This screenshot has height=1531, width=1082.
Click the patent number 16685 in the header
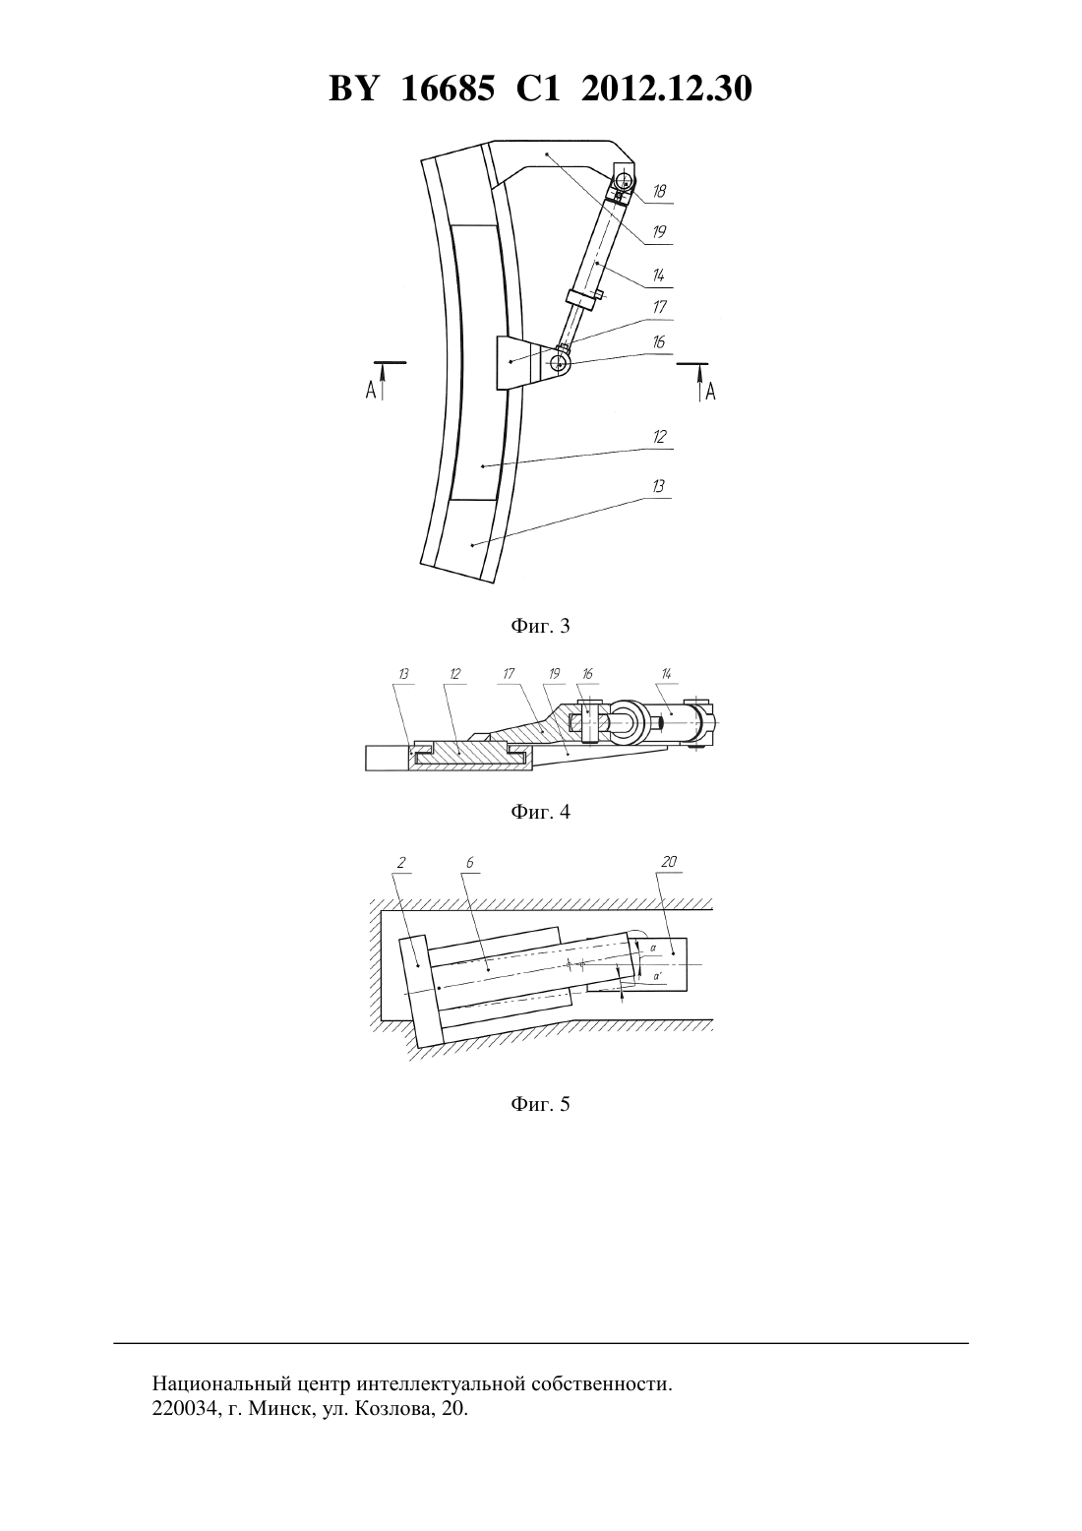pos(448,89)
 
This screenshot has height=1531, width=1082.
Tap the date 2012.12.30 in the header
pos(667,89)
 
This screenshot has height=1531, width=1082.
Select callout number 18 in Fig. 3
pos(658,191)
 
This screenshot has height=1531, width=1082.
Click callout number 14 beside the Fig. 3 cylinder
pos(658,276)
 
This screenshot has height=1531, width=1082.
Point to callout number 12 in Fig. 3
pos(658,436)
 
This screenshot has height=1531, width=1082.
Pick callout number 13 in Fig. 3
pos(658,486)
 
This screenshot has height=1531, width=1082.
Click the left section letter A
pos(371,391)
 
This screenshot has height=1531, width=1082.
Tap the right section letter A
pos(710,392)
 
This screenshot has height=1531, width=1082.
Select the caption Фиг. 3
pos(540,626)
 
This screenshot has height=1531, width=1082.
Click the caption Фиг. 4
pos(540,812)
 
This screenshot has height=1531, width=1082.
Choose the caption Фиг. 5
pos(540,1104)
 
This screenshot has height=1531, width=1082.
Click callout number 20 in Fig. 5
pos(669,862)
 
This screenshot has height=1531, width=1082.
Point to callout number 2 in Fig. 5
pos(401,863)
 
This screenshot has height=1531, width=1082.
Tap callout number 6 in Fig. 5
pos(470,863)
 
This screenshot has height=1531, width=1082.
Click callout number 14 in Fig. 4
pos(667,674)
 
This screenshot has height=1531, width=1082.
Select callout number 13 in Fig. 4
pos(403,674)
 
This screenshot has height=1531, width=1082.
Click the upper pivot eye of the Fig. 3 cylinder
pos(625,181)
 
